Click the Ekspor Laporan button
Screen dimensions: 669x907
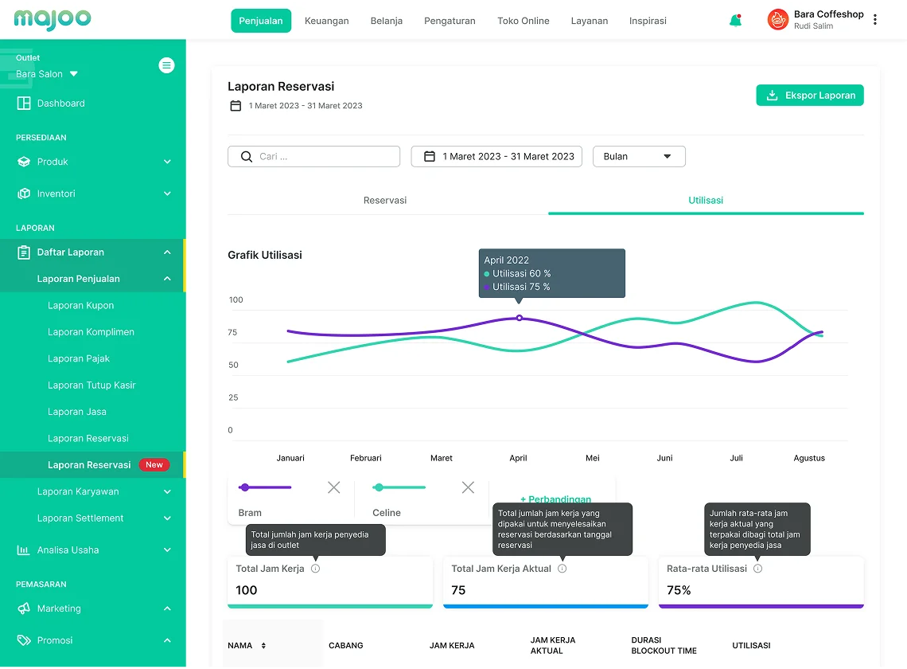809,96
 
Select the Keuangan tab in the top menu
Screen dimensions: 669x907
326,21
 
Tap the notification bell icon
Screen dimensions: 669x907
735,21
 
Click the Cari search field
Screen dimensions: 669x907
313,157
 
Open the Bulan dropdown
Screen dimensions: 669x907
638,157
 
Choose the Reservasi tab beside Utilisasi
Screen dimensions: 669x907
385,201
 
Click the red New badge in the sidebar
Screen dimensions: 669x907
154,465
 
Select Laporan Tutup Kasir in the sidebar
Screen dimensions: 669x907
91,385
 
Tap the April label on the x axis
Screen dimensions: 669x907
518,458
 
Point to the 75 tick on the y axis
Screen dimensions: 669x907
232,332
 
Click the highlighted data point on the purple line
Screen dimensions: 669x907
520,318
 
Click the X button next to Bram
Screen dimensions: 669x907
333,487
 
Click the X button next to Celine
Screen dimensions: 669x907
468,487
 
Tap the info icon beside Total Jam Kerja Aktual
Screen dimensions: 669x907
562,569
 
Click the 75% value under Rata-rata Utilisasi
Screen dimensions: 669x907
679,590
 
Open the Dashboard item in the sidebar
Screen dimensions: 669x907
60,104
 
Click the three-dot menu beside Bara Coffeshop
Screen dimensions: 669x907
875,20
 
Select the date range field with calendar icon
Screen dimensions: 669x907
496,157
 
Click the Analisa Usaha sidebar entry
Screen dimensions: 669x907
68,550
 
